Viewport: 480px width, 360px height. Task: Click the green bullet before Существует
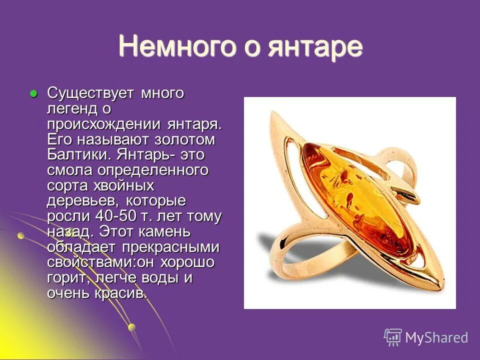coord(33,93)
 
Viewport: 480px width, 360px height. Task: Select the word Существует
coord(91,93)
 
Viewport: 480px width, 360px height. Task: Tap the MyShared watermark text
coord(436,337)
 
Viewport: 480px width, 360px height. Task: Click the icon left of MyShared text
coord(392,337)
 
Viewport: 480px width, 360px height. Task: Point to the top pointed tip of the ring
coord(271,113)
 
